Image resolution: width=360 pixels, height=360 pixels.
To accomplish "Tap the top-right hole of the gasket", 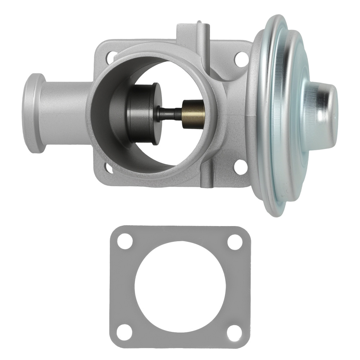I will (235, 242).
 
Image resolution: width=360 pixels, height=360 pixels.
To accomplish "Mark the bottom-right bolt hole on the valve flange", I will (240, 167).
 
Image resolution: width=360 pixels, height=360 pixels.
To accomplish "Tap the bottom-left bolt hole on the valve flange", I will (108, 166).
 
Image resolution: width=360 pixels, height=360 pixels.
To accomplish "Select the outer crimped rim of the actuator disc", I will (268, 202).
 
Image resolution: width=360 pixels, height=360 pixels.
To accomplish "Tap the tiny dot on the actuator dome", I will (335, 118).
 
